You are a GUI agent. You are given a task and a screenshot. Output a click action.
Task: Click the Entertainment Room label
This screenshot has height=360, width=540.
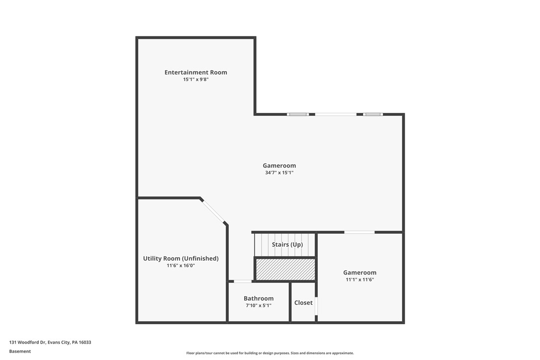195,73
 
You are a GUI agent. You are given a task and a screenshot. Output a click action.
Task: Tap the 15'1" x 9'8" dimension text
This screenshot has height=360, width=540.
195,80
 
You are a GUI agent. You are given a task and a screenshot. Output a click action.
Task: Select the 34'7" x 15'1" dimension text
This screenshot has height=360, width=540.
279,173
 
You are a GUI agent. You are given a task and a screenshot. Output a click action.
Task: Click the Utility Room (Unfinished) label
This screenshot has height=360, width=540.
180,259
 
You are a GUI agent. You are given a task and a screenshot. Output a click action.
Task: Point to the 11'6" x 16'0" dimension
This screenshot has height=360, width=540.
180,266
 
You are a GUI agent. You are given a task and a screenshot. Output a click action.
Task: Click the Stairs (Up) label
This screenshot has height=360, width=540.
287,245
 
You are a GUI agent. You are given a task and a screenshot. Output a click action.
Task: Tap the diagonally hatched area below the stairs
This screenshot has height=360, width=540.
285,270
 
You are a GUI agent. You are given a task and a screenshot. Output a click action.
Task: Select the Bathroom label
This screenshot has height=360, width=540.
258,299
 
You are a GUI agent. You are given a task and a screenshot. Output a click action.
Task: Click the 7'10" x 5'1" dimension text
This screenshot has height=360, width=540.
258,305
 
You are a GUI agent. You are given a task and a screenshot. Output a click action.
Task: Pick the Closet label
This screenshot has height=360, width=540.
303,303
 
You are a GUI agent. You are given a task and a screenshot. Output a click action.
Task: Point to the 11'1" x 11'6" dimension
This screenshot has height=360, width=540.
360,279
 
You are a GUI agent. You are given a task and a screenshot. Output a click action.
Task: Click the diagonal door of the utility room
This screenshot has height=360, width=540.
214,211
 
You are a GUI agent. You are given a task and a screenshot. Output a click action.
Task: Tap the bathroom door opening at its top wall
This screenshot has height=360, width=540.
243,281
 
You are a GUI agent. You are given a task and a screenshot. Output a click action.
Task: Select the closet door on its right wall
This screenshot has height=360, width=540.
316,306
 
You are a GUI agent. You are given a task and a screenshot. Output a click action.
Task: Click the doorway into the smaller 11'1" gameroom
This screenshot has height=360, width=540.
360,232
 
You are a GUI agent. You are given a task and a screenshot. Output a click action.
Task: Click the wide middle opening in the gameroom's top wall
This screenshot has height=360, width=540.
336,114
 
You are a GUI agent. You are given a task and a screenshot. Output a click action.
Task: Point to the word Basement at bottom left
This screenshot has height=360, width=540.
20,351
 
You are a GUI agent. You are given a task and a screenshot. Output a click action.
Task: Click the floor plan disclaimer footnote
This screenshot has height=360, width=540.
270,353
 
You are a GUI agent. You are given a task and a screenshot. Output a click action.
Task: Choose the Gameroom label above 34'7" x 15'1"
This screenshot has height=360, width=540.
279,166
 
